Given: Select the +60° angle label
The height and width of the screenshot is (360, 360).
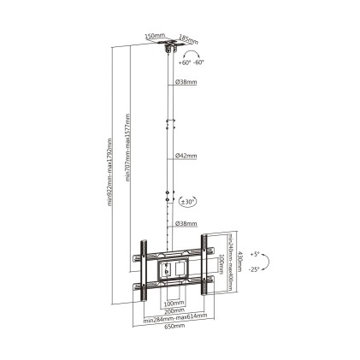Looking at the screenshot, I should tap(186, 62).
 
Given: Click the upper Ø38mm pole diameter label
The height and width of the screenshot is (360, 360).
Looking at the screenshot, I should tap(186, 82).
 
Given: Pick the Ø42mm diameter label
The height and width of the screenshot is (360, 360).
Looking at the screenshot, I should tap(186, 156).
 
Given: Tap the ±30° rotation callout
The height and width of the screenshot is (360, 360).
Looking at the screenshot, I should tap(187, 201).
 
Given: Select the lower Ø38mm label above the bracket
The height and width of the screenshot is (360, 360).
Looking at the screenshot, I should tap(186, 224).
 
